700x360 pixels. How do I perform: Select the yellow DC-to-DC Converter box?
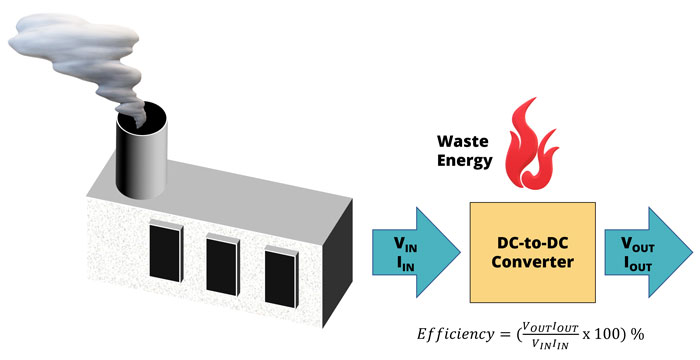532,251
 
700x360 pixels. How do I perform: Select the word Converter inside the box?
532,262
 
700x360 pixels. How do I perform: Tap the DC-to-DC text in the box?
532,241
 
